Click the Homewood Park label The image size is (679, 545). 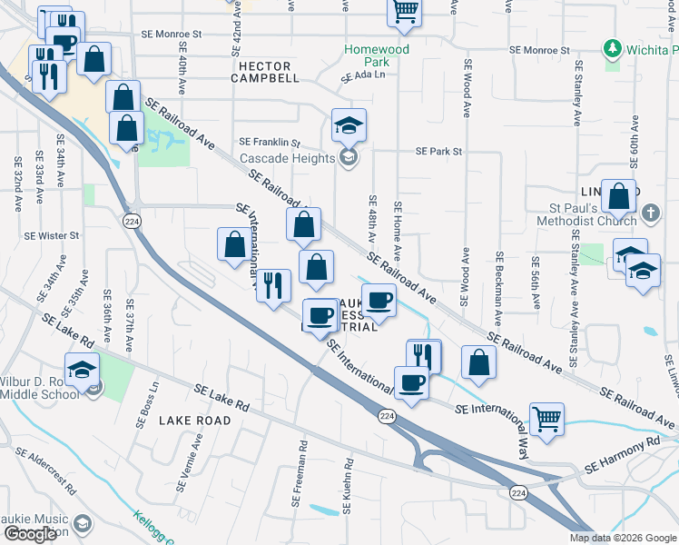tap(377, 55)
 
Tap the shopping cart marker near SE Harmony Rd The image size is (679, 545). tap(546, 420)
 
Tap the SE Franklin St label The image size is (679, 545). tap(270, 142)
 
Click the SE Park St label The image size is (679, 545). tap(439, 152)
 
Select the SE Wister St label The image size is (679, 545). tap(60, 235)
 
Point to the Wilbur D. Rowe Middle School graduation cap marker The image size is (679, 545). tap(83, 372)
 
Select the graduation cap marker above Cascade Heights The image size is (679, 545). tap(349, 125)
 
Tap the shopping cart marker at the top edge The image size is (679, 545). tap(404, 12)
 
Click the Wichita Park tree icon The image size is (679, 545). tap(613, 47)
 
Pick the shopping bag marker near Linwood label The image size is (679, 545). tap(619, 195)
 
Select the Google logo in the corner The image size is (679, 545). tap(30, 534)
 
